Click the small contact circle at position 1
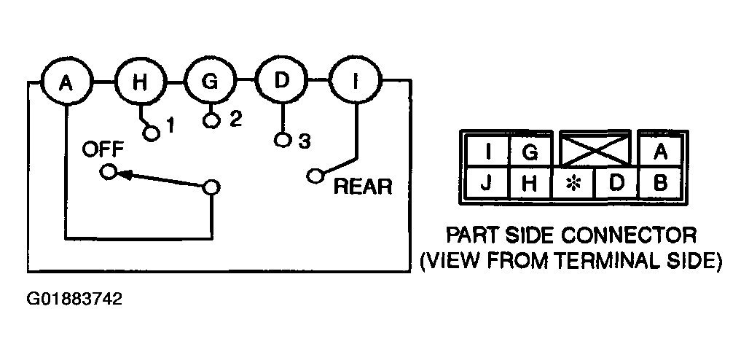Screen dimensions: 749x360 pyautogui.click(x=152, y=134)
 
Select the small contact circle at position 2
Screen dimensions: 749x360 pyautogui.click(x=211, y=120)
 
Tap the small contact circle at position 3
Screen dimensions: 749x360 pyautogui.click(x=283, y=140)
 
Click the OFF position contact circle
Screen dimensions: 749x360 pyautogui.click(x=109, y=172)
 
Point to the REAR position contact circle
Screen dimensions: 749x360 pyautogui.click(x=315, y=176)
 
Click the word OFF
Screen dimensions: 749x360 pyautogui.click(x=103, y=149)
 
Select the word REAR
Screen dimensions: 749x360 pyautogui.click(x=363, y=187)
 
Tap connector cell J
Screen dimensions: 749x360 pyautogui.click(x=486, y=183)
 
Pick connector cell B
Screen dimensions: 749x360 pyautogui.click(x=659, y=183)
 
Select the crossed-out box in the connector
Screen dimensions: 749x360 pyautogui.click(x=595, y=149)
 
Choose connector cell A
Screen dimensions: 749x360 pyautogui.click(x=659, y=152)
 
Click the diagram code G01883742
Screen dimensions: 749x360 pyautogui.click(x=74, y=300)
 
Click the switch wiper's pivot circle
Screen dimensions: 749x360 pyautogui.click(x=211, y=188)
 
